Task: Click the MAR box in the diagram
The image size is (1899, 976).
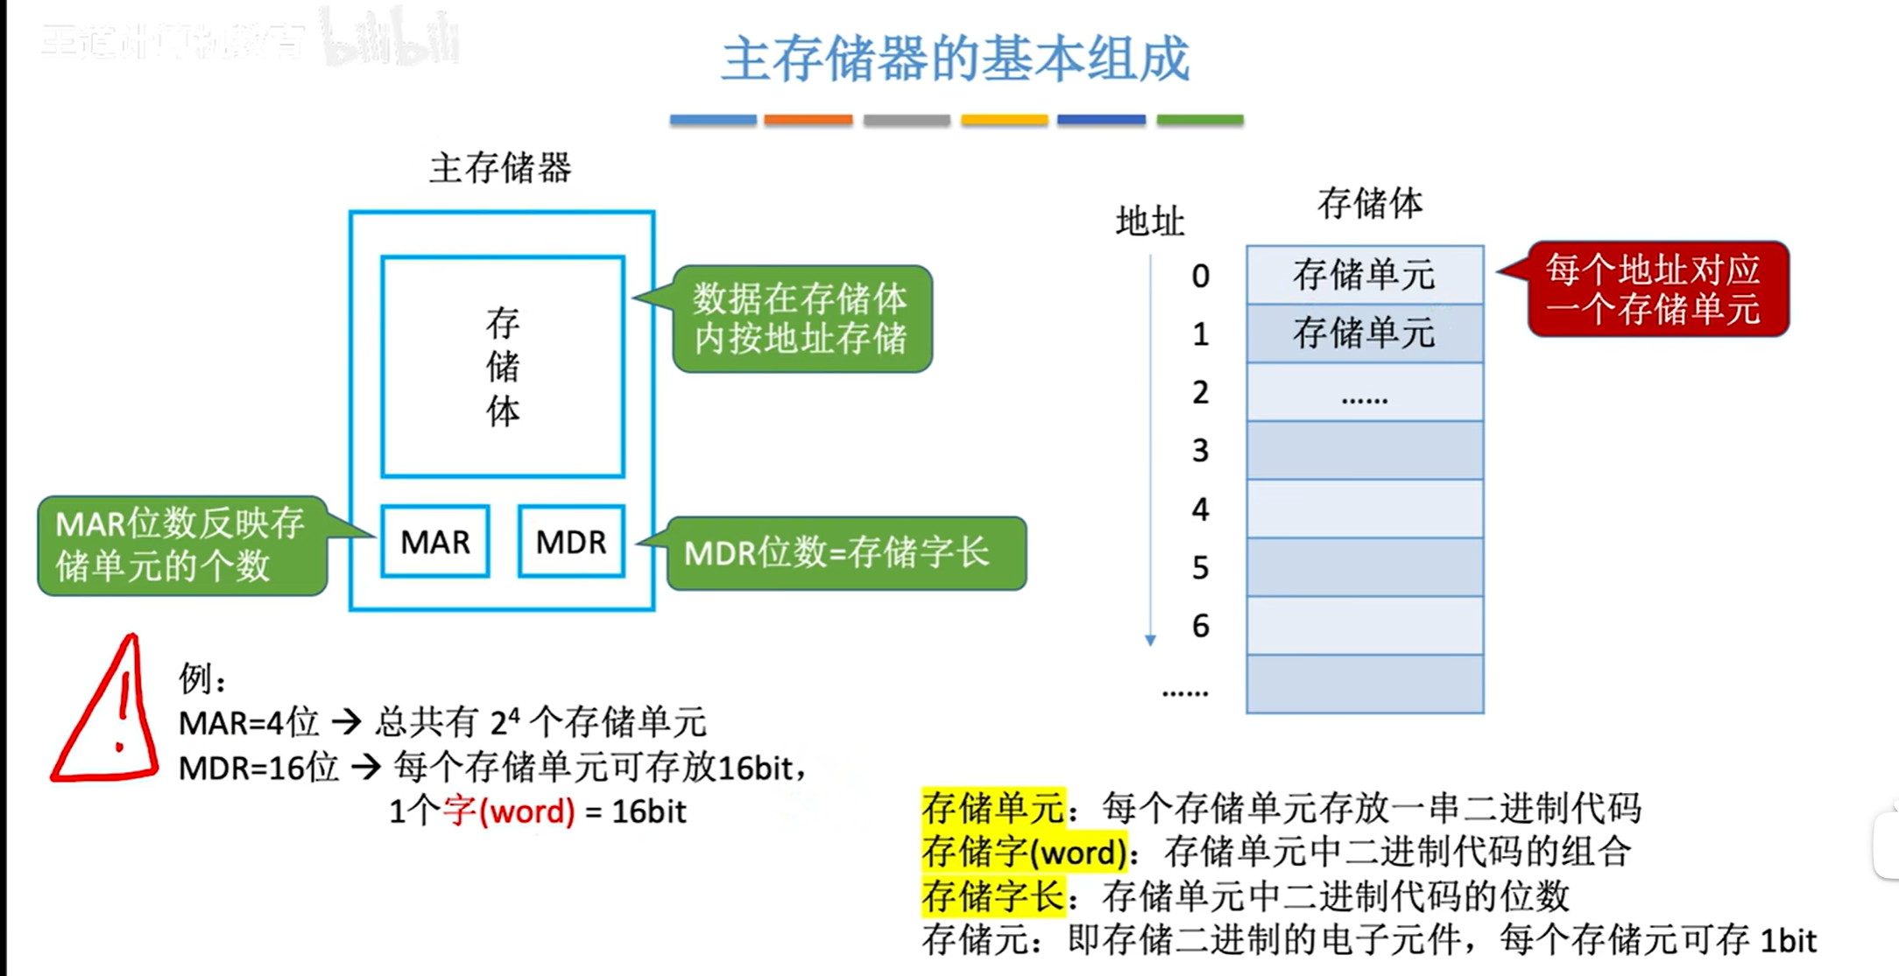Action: pos(435,542)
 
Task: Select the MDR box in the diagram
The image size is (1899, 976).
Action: pos(571,542)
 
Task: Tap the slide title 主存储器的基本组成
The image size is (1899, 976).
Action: pos(955,60)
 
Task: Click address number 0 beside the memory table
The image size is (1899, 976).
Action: pos(1200,277)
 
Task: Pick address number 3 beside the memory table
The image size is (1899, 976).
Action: pos(1200,451)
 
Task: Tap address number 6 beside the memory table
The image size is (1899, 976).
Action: pos(1200,626)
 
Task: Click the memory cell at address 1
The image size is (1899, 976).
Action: pos(1364,334)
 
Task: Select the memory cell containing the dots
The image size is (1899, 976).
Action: pos(1364,392)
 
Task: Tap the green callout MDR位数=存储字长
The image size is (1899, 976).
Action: pos(845,553)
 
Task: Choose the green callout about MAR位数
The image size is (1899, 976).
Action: pos(182,545)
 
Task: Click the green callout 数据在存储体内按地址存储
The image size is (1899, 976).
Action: pos(801,319)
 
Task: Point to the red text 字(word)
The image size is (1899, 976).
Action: pos(509,811)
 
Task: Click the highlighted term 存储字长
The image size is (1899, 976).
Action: pos(992,895)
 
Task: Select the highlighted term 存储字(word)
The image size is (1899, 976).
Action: pos(1024,852)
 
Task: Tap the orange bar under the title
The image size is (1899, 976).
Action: pos(808,120)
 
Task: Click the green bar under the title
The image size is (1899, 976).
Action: pos(1199,120)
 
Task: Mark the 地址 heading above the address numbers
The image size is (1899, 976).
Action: pos(1149,221)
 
